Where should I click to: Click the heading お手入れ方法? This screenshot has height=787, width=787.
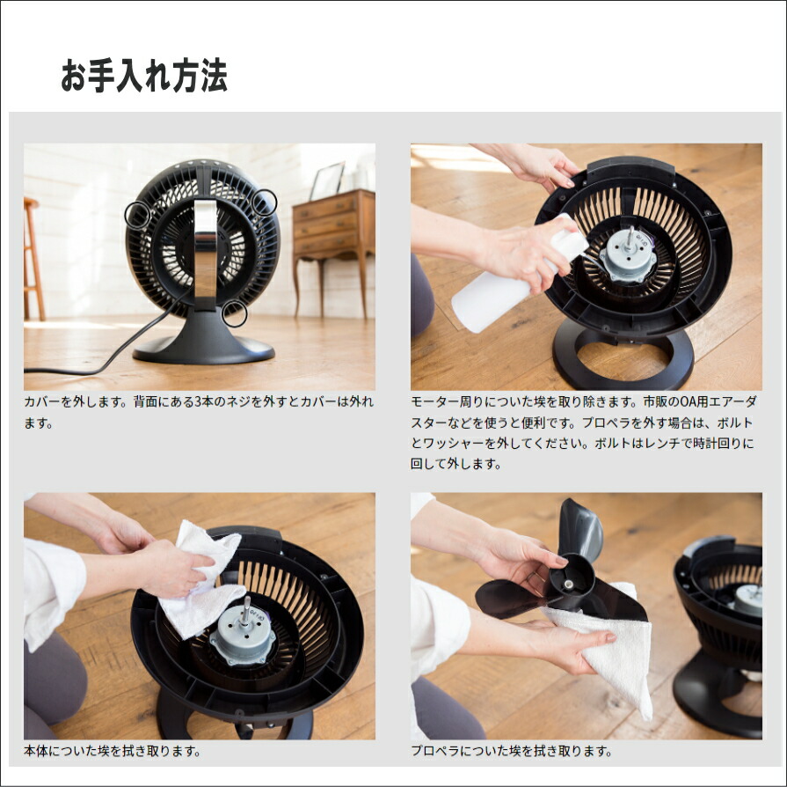144,76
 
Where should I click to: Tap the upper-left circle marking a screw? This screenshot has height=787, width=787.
125,215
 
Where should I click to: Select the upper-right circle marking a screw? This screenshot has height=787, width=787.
276,202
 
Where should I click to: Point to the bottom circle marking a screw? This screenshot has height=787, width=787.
246,313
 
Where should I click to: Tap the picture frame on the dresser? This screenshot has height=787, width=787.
327,180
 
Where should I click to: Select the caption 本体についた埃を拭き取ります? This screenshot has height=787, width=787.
112,751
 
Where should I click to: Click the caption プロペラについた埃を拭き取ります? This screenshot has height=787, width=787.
512,751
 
